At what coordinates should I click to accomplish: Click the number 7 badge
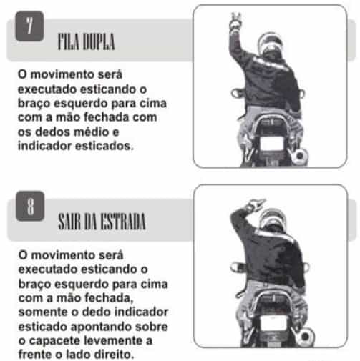[x=29, y=26]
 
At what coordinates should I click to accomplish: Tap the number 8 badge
[x=30, y=206]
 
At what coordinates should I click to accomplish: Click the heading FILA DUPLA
[x=86, y=41]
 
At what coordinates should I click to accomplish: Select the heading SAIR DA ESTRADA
[x=102, y=222]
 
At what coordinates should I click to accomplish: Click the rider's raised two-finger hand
[x=235, y=22]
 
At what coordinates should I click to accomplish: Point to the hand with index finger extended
[x=256, y=204]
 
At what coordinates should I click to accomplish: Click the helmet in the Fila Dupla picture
[x=271, y=44]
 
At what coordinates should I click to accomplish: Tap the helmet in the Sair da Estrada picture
[x=273, y=220]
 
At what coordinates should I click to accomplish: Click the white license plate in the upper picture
[x=272, y=144]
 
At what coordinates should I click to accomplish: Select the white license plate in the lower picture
[x=273, y=322]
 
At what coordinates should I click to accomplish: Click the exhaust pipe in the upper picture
[x=299, y=157]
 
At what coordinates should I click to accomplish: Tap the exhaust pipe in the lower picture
[x=304, y=336]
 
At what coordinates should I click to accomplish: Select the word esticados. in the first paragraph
[x=104, y=146]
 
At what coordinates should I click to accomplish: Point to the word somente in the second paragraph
[x=43, y=312]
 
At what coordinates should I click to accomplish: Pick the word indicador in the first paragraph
[x=44, y=146]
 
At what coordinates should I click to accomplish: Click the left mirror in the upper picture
[x=236, y=93]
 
